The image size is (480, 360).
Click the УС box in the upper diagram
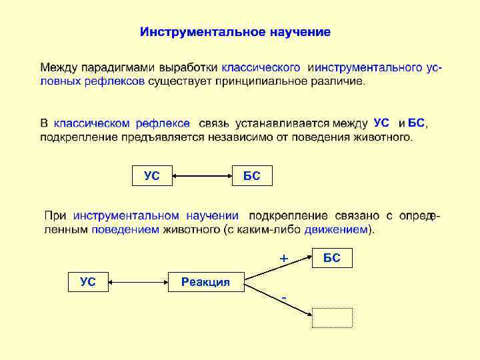[x=152, y=176]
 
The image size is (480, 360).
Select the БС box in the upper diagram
[x=252, y=176]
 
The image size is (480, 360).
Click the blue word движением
[x=336, y=229]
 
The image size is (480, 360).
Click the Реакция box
[x=206, y=282]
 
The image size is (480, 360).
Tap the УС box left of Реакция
[x=89, y=282]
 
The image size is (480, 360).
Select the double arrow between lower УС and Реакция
[x=137, y=282]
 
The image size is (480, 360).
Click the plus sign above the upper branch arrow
[x=283, y=257]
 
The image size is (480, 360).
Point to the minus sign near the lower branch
[x=284, y=296]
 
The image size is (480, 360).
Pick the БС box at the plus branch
[x=332, y=258]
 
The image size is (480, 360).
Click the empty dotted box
[x=332, y=317]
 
